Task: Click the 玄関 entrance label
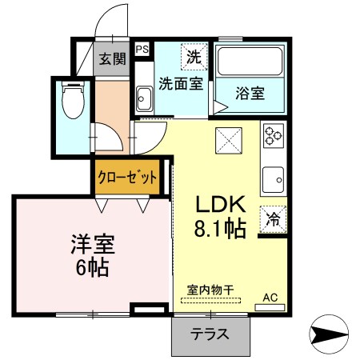112,58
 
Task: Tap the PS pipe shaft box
142,50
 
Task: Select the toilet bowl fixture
73,99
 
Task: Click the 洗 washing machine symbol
194,57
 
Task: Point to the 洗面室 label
181,83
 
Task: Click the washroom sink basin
144,99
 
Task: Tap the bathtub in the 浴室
250,61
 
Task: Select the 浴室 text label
250,93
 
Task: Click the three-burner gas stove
274,136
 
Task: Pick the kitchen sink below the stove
273,180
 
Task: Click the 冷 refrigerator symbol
273,219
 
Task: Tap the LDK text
221,204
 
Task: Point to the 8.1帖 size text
220,228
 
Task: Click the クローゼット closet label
127,177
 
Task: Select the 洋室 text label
93,244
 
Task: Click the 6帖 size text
92,267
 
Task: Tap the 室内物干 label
210,290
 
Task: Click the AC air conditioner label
270,298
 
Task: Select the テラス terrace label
210,334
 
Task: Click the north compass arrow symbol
329,334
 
